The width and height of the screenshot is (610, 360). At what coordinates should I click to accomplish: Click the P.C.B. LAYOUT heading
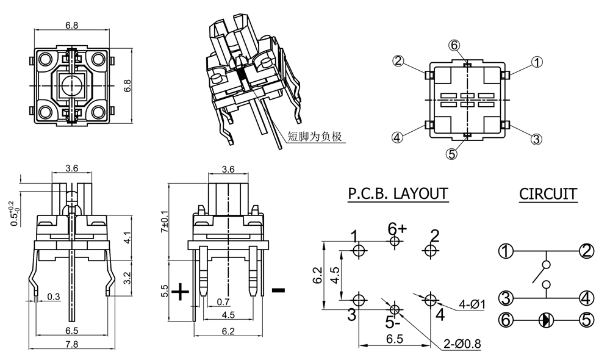tap(398, 194)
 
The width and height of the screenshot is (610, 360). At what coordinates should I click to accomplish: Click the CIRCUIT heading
tap(548, 194)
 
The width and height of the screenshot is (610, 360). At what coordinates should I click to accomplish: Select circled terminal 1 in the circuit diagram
tap(506, 251)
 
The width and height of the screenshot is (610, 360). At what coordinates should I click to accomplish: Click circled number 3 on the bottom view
tap(536, 139)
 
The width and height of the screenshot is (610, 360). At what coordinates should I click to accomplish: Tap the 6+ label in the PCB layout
tap(397, 229)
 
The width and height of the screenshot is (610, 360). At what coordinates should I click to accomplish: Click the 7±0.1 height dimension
tap(164, 223)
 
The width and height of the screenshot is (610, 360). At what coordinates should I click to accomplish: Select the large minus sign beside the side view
tap(278, 290)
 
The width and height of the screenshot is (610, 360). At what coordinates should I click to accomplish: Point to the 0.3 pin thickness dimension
tap(53, 297)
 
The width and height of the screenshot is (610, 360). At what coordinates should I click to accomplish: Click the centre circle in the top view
tap(71, 85)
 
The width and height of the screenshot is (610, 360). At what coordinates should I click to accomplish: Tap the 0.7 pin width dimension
tap(224, 301)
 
